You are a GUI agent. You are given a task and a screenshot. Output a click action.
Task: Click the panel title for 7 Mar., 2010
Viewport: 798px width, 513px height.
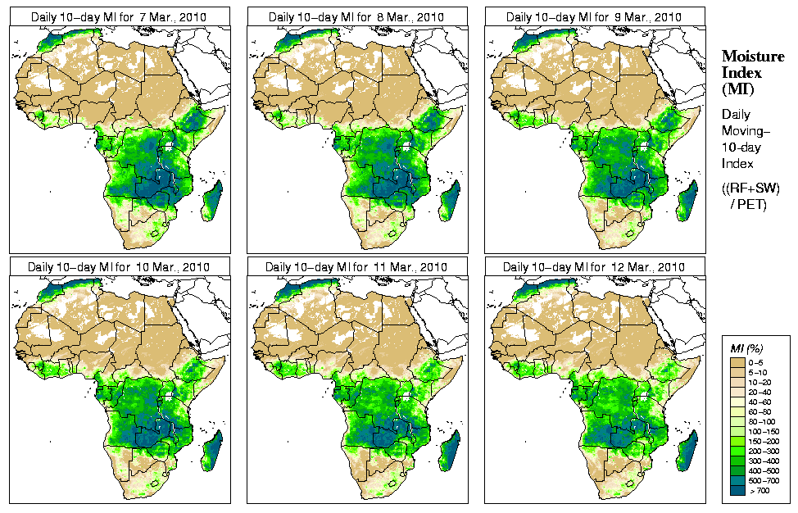click(118, 16)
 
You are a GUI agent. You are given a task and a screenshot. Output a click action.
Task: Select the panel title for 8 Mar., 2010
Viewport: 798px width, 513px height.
click(356, 16)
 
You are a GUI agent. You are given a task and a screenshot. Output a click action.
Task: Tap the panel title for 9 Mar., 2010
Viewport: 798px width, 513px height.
click(594, 16)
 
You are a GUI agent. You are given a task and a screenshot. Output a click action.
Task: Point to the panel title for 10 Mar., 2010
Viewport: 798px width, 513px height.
click(118, 267)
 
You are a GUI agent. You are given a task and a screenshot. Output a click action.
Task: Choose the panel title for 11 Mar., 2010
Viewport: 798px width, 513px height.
click(356, 267)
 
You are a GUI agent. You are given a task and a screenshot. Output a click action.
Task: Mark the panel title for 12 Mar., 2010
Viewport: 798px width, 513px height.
click(594, 267)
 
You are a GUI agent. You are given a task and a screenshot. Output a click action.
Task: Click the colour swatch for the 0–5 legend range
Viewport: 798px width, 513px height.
click(737, 361)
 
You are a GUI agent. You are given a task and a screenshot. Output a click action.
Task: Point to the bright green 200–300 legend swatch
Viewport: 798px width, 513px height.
click(737, 449)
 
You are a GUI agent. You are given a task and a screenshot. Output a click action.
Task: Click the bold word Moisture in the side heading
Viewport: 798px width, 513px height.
click(748, 57)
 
